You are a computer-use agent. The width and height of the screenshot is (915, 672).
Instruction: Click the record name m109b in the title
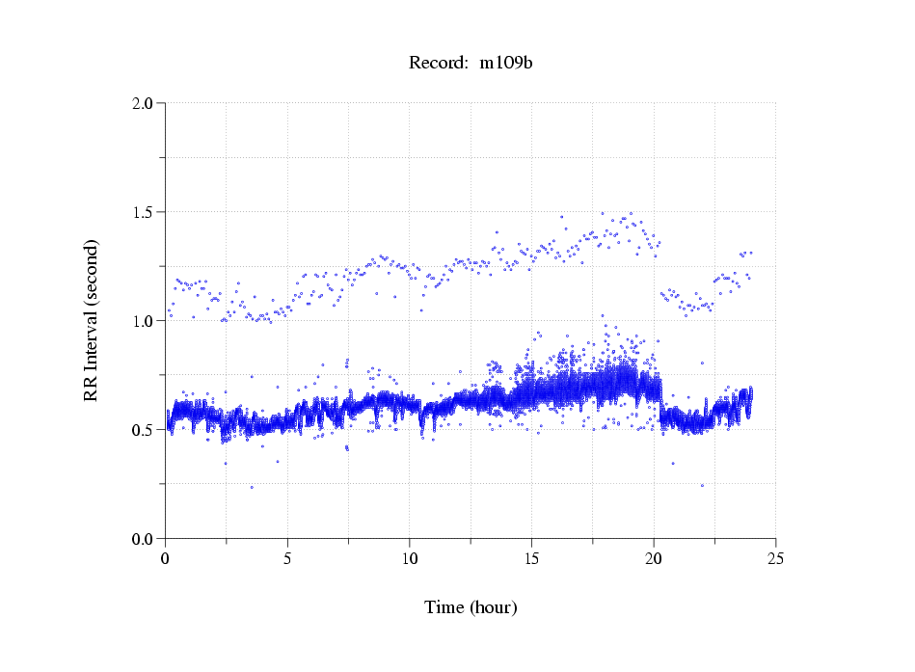click(x=506, y=64)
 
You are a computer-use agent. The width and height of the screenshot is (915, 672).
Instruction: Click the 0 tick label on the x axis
click(x=166, y=557)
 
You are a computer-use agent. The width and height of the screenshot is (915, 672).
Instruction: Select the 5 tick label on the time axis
click(x=287, y=557)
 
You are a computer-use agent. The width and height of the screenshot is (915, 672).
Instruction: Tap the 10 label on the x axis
click(x=410, y=557)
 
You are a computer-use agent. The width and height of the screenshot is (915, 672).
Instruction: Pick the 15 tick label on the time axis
click(x=531, y=557)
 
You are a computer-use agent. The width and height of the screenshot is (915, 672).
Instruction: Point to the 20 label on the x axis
click(x=654, y=557)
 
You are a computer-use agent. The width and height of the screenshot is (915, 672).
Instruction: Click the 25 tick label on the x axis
click(x=775, y=557)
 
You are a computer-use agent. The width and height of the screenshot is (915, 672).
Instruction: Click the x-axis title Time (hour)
click(x=471, y=607)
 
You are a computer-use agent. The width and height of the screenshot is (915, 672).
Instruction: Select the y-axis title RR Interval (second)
click(x=92, y=319)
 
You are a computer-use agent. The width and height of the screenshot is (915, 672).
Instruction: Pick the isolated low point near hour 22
click(x=702, y=485)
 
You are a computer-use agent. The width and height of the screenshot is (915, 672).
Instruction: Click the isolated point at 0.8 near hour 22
click(x=702, y=363)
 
